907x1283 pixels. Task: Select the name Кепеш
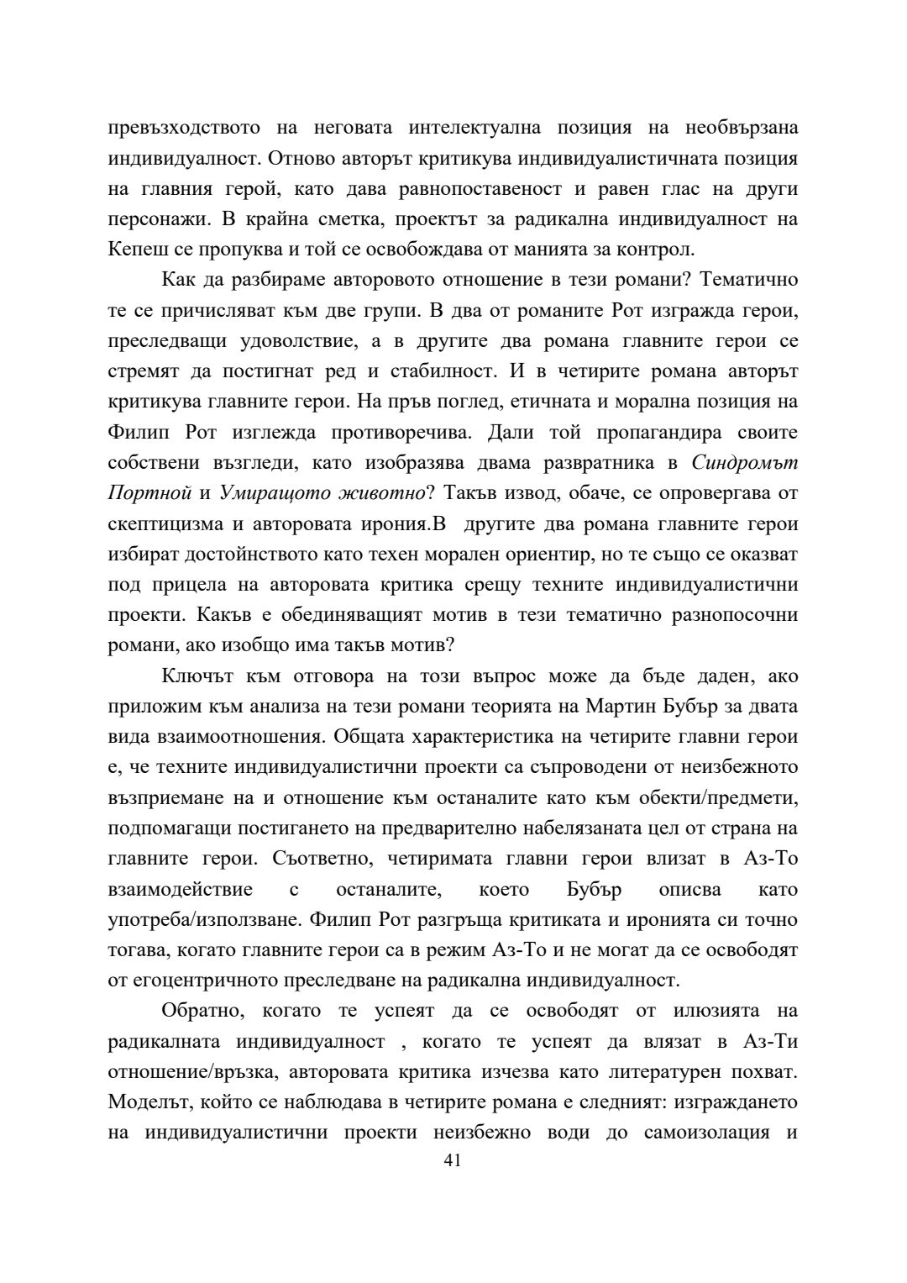131,250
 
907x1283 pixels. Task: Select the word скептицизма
165,524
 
